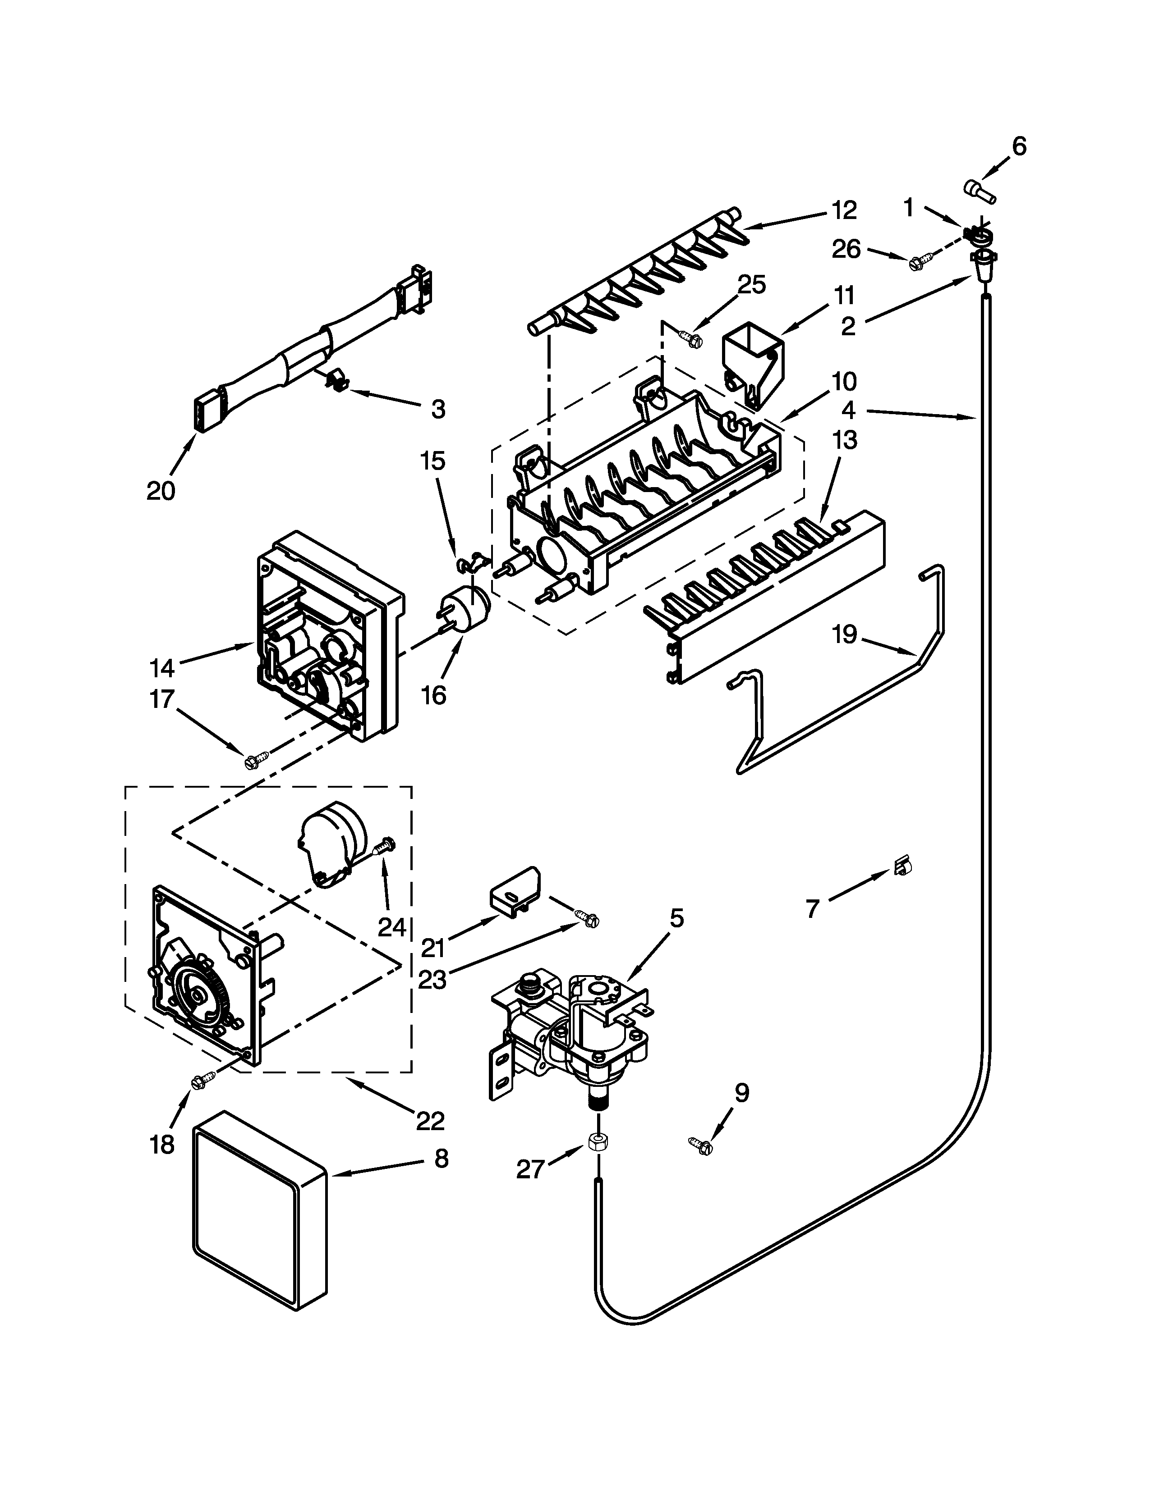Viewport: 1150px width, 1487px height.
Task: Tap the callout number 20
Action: (161, 490)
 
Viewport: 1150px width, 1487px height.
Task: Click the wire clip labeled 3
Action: (334, 381)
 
